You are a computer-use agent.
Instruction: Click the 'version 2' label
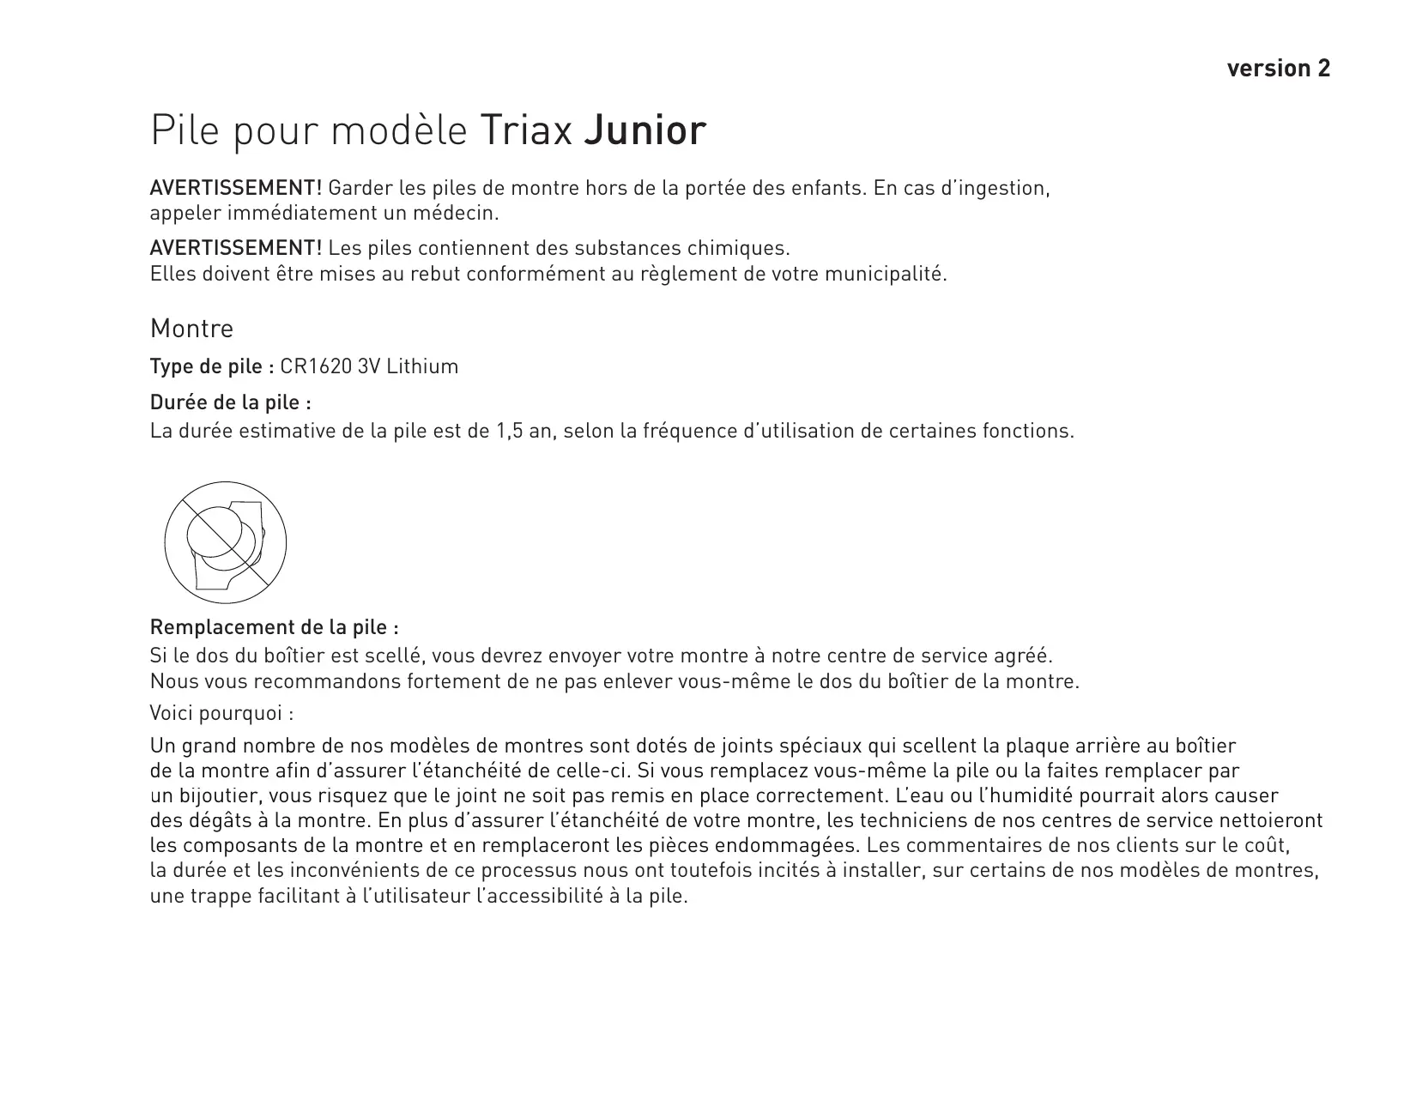(x=1278, y=69)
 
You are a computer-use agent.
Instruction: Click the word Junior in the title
(x=644, y=131)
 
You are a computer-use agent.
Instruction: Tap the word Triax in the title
(x=526, y=131)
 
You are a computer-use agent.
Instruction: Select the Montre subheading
(x=191, y=329)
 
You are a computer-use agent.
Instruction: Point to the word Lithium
(x=422, y=367)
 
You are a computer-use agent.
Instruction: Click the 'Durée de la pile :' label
(x=230, y=402)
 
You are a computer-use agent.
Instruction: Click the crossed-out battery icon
(x=225, y=542)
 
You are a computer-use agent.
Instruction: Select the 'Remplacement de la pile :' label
(x=275, y=627)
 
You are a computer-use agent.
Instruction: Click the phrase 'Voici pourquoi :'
(x=221, y=713)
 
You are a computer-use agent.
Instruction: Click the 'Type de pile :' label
(x=211, y=367)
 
